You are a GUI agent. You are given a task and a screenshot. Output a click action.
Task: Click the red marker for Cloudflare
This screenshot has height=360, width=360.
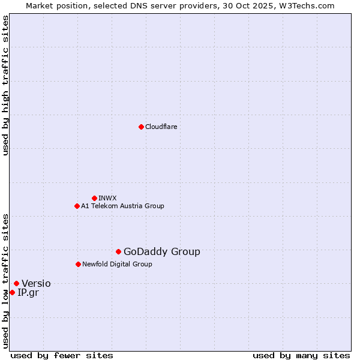(x=141, y=127)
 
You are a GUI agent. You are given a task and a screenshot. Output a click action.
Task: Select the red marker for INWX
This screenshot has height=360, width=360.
(x=94, y=198)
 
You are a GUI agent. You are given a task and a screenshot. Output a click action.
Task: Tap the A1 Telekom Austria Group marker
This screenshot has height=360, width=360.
(x=77, y=206)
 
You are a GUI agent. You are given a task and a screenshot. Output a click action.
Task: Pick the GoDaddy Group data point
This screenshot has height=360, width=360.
(x=118, y=251)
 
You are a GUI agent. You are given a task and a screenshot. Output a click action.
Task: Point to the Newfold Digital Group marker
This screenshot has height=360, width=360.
(x=78, y=264)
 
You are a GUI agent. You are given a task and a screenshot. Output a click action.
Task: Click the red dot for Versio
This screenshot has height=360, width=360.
(x=16, y=283)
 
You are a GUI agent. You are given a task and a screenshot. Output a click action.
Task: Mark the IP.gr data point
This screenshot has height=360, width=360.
(x=12, y=292)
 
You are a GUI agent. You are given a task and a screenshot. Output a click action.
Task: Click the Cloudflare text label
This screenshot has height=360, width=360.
(x=161, y=127)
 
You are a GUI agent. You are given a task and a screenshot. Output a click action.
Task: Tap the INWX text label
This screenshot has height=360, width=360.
(x=107, y=198)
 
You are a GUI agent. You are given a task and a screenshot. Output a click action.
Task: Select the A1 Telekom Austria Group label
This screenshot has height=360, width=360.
(x=122, y=206)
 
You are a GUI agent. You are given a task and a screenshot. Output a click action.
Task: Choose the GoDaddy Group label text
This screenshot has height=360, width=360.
(x=161, y=252)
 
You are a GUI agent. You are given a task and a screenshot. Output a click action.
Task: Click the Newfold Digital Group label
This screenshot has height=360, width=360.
(x=117, y=264)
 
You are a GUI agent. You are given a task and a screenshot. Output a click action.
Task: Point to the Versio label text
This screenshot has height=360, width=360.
(x=36, y=284)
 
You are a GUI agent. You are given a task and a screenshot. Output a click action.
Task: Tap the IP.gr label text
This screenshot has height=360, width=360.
(x=28, y=293)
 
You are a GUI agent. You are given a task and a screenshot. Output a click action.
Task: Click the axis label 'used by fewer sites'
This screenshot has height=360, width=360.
(x=62, y=356)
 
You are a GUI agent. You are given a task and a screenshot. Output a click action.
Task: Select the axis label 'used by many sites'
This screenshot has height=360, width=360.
(x=301, y=356)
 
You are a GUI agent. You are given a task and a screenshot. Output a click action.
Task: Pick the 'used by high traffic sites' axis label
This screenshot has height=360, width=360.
(x=5, y=85)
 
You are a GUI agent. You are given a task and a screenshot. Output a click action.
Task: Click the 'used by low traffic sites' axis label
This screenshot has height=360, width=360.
(x=5, y=280)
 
